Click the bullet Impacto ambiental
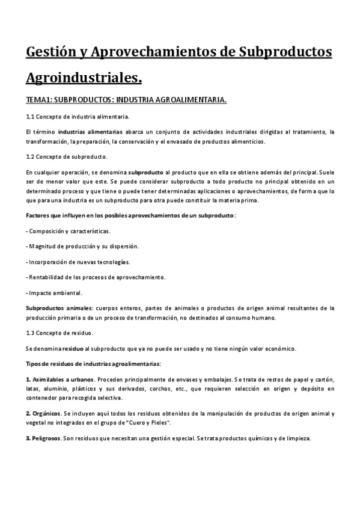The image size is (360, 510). (x=55, y=293)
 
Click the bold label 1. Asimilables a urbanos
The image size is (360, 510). (x=59, y=379)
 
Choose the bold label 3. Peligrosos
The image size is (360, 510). (x=44, y=438)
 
